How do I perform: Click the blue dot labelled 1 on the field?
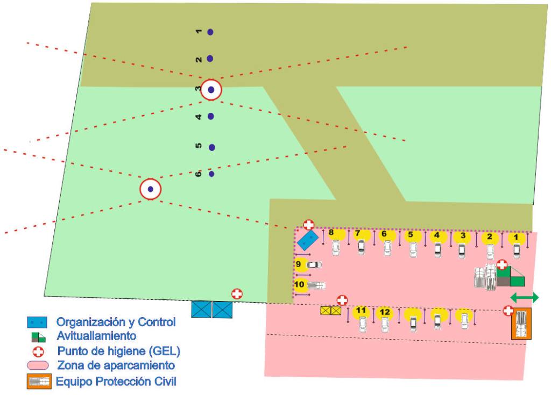(210, 32)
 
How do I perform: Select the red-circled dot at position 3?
(211, 90)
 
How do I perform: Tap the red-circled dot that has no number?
(151, 189)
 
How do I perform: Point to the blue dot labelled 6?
(211, 174)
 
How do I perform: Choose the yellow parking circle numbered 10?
(300, 285)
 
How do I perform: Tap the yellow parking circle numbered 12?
(384, 312)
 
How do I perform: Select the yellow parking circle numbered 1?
(517, 238)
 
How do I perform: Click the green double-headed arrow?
(524, 297)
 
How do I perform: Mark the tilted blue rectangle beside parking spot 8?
(307, 240)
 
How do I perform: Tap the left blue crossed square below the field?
(201, 310)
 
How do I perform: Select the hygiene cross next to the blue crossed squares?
(237, 293)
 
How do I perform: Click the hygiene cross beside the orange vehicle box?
(507, 310)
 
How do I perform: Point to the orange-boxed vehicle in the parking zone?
(521, 324)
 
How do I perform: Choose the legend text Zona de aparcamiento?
(116, 366)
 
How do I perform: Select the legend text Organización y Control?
(116, 322)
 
